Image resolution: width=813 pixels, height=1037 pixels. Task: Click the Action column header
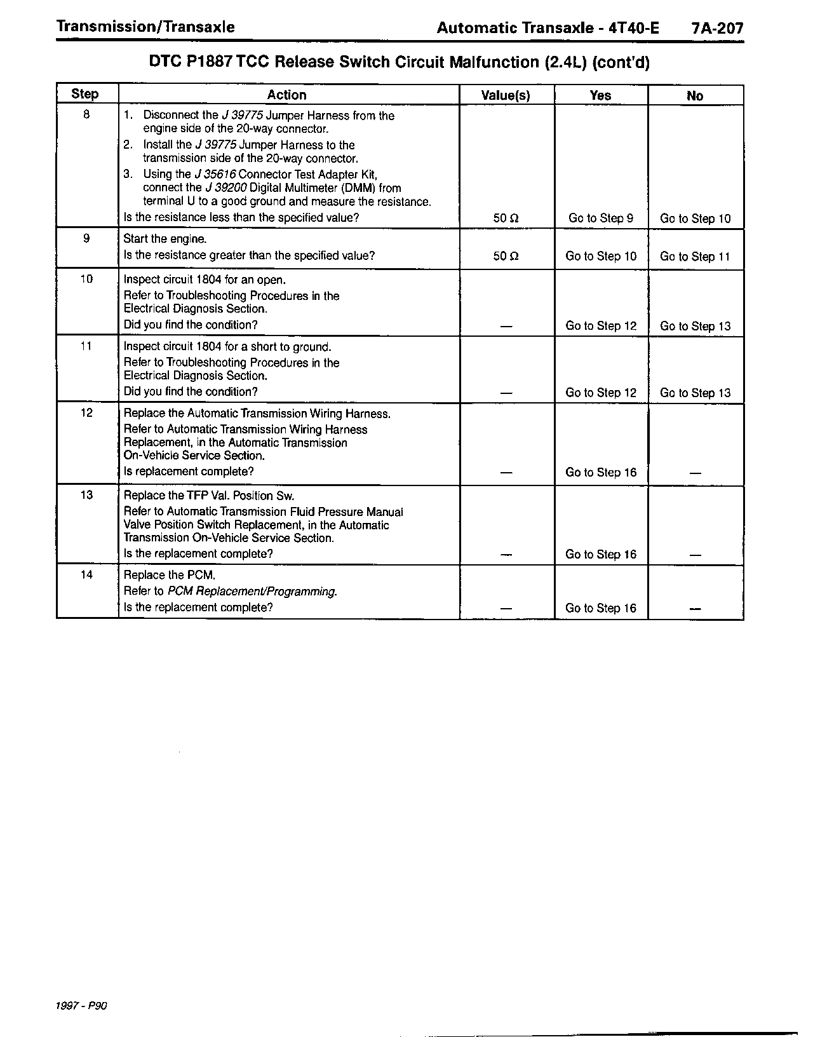point(286,95)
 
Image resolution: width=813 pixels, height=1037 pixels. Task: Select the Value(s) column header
point(506,96)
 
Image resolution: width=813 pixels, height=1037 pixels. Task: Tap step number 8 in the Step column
point(86,115)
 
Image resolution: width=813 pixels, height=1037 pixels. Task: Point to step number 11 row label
point(86,346)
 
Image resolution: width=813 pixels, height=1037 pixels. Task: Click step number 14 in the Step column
point(86,574)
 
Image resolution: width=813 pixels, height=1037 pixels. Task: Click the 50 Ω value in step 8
point(506,219)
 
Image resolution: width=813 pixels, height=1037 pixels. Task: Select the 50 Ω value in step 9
point(506,257)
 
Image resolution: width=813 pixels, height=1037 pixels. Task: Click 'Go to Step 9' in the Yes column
point(600,219)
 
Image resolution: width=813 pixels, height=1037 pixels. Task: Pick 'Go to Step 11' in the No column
point(695,257)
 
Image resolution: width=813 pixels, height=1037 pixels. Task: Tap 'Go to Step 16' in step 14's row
point(600,608)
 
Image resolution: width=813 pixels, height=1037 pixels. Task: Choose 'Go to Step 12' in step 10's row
point(600,326)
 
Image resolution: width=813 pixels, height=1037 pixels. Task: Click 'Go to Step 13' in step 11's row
point(695,393)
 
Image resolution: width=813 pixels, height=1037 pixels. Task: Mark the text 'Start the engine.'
point(165,239)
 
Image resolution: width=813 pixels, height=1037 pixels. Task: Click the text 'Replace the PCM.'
point(170,575)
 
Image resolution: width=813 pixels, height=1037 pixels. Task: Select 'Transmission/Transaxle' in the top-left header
point(145,27)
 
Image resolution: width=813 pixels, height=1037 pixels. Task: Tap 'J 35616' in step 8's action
point(216,174)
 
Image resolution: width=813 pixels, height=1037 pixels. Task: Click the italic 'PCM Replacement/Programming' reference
point(252,592)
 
